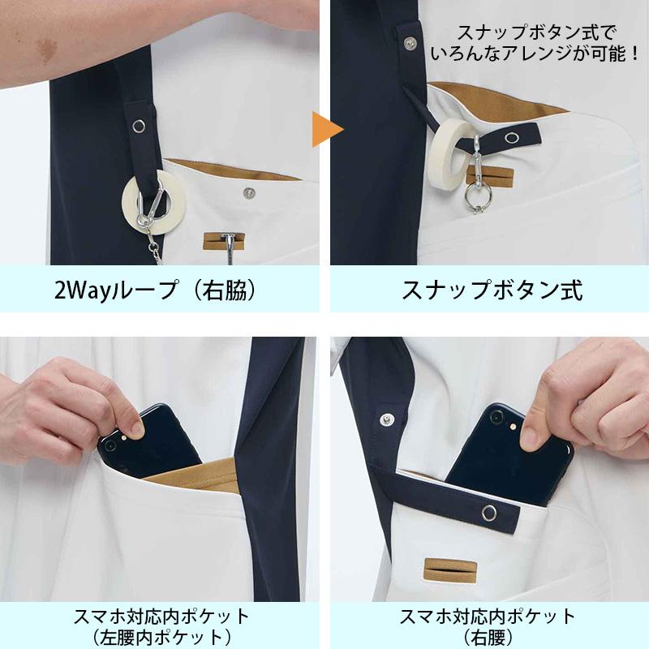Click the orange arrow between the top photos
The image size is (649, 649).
326,130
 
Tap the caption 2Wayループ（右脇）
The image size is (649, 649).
156,290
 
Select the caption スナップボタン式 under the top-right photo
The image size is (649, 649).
492,290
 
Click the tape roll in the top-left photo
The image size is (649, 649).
153,201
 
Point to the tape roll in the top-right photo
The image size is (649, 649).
450,150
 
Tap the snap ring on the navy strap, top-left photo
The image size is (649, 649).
139,126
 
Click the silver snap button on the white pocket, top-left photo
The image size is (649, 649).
249,192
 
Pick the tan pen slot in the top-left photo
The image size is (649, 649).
224,241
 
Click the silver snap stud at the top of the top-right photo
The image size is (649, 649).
410,42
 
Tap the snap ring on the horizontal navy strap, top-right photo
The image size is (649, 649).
513,137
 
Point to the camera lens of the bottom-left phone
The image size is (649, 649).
110,445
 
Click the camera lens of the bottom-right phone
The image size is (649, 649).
496,417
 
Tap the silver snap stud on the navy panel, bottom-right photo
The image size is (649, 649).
387,419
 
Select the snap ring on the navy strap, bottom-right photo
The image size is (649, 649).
489,513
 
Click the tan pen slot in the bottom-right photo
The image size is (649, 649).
450,569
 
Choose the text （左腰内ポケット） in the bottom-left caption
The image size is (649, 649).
161,638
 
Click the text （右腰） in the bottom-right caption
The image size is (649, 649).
488,638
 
